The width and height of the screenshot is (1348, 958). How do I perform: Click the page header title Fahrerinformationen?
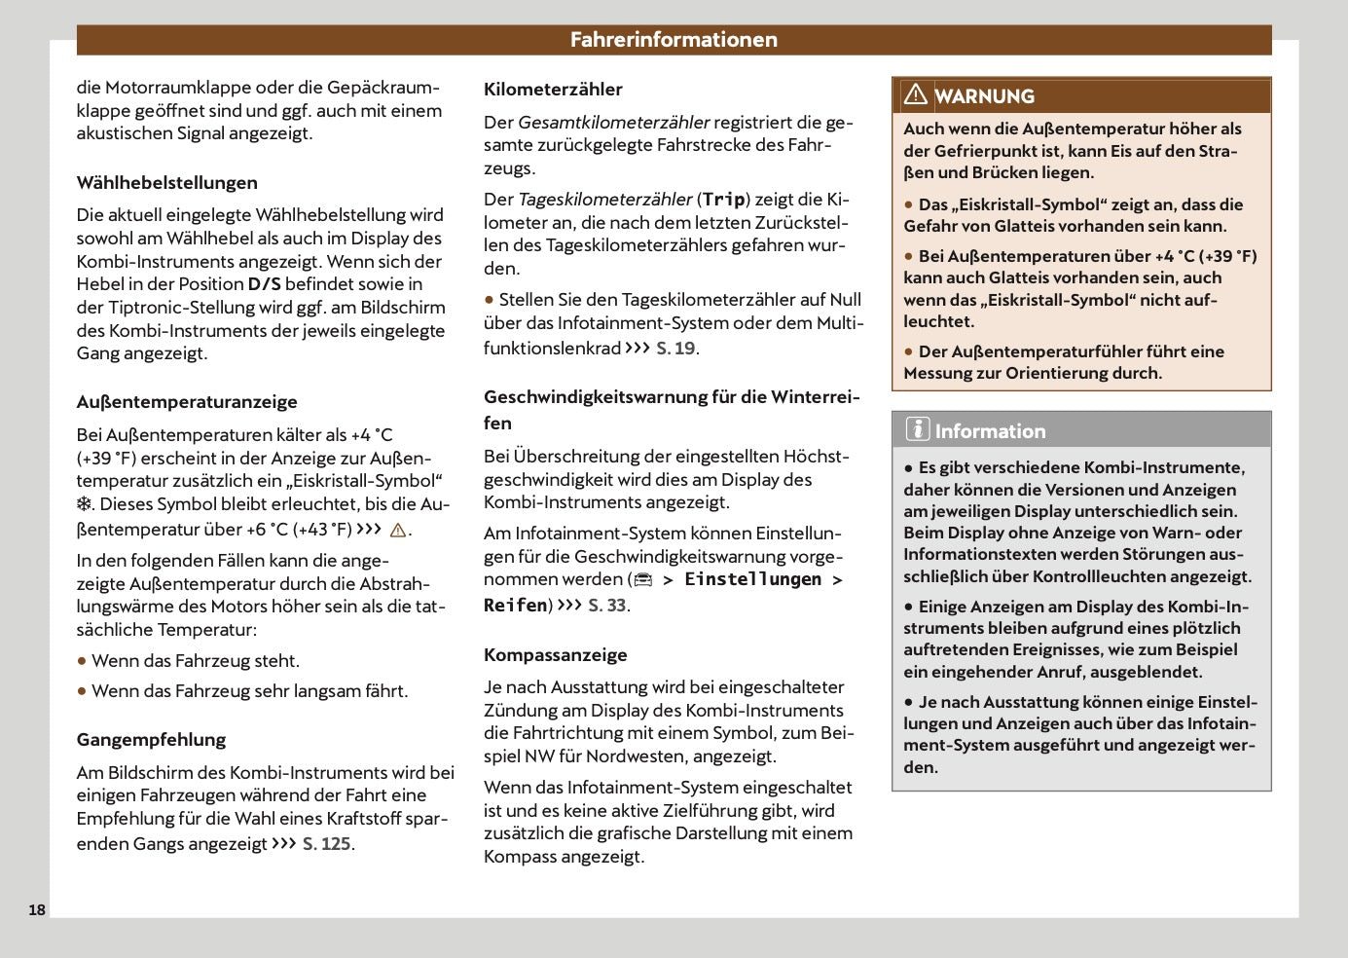(x=674, y=40)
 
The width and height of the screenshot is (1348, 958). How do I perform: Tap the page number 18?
(x=37, y=910)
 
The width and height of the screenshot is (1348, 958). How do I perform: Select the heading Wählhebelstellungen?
(x=167, y=183)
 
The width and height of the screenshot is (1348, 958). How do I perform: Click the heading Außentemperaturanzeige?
(x=187, y=402)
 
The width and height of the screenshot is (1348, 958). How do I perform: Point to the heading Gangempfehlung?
(x=151, y=740)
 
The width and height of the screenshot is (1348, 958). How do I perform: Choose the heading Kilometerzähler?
(x=553, y=90)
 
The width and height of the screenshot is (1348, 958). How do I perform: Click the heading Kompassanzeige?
(x=556, y=655)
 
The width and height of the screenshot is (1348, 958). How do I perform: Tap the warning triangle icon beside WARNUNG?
(x=915, y=95)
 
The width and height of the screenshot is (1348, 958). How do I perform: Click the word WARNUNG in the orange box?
(x=984, y=96)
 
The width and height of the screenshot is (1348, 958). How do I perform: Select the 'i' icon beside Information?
(x=917, y=429)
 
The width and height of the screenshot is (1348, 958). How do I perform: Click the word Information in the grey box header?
(x=990, y=431)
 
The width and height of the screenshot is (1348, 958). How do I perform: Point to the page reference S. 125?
(x=326, y=844)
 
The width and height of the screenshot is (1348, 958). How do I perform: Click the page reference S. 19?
(x=675, y=349)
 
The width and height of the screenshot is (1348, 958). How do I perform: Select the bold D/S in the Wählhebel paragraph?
(x=264, y=284)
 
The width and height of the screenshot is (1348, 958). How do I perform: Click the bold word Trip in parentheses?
(x=723, y=200)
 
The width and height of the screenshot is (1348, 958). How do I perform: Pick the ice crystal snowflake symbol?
(x=85, y=504)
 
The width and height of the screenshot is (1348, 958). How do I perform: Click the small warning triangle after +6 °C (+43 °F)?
(x=397, y=531)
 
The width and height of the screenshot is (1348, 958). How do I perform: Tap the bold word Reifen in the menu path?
(x=515, y=606)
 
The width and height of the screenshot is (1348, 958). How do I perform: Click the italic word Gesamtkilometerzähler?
(x=613, y=123)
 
